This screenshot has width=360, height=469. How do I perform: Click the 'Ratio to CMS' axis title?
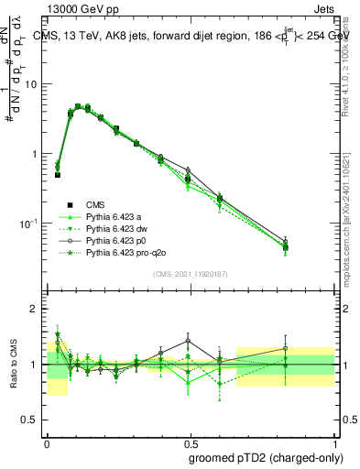tap(13, 365)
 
